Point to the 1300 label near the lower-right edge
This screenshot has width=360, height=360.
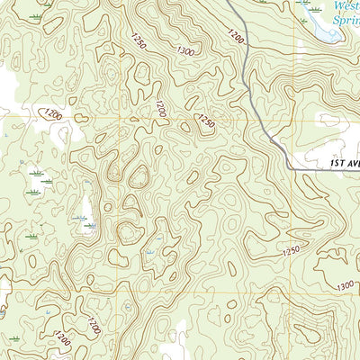(x=344, y=286)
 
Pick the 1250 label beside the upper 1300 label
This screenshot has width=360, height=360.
(x=138, y=40)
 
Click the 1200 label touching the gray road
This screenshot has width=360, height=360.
(x=236, y=37)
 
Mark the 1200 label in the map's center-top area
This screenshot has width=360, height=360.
(x=160, y=109)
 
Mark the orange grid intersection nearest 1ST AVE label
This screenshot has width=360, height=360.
(x=294, y=117)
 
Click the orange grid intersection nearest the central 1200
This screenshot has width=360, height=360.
(x=118, y=117)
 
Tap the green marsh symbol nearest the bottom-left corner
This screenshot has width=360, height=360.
(x=13, y=339)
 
